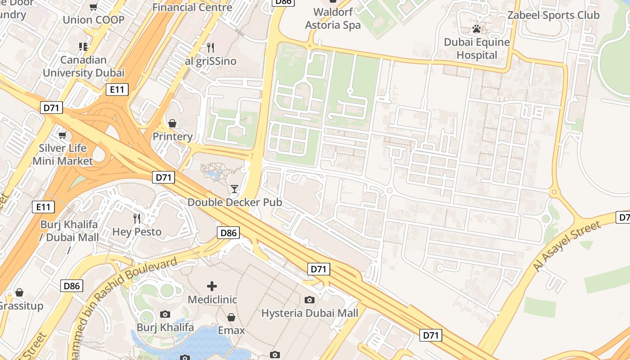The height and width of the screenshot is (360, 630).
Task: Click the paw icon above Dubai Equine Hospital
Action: tap(477, 29)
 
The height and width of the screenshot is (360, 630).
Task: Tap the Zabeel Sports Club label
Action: tap(553, 15)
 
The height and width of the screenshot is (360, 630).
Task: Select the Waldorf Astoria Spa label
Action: tap(333, 18)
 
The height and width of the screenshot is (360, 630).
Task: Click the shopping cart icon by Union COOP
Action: tap(94, 7)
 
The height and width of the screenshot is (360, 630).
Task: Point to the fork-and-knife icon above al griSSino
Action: tap(210, 47)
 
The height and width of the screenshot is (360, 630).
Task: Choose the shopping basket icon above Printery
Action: tap(172, 123)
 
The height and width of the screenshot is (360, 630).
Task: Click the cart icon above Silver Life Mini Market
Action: tap(63, 135)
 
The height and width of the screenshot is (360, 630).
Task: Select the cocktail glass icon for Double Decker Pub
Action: tap(234, 189)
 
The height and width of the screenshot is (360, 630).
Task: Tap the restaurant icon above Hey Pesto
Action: tap(137, 219)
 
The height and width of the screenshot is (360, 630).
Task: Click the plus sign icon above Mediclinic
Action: tap(212, 286)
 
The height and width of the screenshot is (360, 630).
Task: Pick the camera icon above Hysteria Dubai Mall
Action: tap(310, 300)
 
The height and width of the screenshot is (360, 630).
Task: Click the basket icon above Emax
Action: tap(231, 317)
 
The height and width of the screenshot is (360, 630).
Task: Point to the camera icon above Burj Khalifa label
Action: tap(165, 314)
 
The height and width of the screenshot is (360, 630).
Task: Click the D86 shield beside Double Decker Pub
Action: tap(228, 233)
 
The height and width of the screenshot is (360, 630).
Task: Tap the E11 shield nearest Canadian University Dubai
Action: tap(117, 90)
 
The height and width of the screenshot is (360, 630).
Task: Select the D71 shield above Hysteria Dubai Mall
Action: tap(319, 269)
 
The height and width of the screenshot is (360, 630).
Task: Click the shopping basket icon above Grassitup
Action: tap(19, 292)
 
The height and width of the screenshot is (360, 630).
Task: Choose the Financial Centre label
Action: tap(192, 7)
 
